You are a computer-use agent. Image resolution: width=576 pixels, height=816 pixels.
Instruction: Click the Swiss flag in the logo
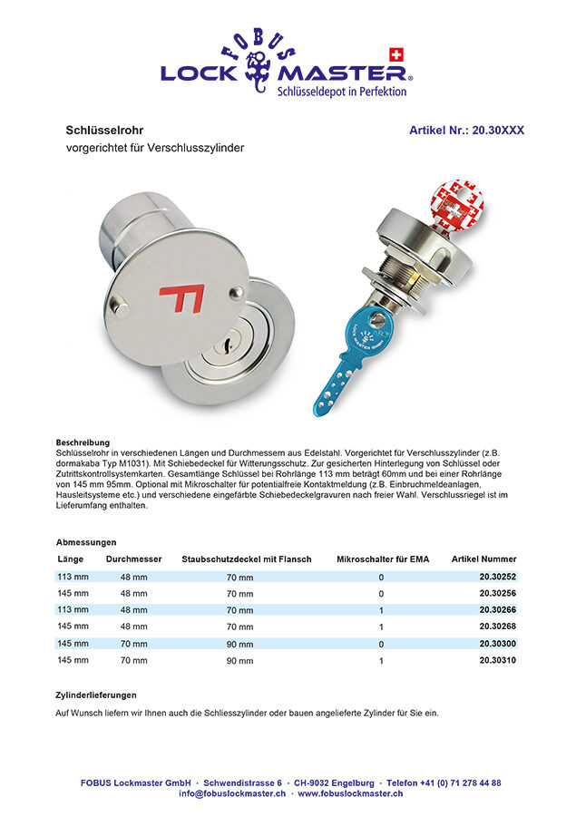pyautogui.click(x=395, y=53)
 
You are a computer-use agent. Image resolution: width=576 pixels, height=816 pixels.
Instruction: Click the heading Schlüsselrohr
pyautogui.click(x=104, y=130)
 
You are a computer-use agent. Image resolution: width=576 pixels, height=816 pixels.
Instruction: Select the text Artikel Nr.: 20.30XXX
pyautogui.click(x=466, y=130)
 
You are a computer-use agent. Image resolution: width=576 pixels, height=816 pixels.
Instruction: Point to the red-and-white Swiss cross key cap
pyautogui.click(x=457, y=205)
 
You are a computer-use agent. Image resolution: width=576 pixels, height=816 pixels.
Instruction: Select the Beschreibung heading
pyautogui.click(x=83, y=442)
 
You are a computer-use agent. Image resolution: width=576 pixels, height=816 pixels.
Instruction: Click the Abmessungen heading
pyautogui.click(x=85, y=541)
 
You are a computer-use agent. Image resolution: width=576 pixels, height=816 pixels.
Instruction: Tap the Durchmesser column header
pyautogui.click(x=133, y=559)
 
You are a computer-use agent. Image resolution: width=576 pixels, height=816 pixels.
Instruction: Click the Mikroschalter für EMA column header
pyautogui.click(x=382, y=559)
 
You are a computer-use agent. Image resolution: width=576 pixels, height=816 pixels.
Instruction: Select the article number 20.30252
pyautogui.click(x=497, y=577)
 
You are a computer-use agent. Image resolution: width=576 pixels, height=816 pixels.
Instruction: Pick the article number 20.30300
pyautogui.click(x=497, y=644)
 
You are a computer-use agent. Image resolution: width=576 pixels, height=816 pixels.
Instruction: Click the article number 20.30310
pyautogui.click(x=497, y=661)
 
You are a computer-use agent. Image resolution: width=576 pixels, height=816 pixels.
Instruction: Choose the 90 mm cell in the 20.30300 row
pyautogui.click(x=239, y=644)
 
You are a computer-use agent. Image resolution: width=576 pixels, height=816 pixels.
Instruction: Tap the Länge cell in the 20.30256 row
pyautogui.click(x=73, y=593)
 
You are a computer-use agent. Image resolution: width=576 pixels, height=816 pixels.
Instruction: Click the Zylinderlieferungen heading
pyautogui.click(x=96, y=695)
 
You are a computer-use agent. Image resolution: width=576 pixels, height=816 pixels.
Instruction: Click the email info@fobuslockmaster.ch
pyautogui.click(x=231, y=793)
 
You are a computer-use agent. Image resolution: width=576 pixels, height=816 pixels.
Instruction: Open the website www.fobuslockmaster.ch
pyautogui.click(x=350, y=793)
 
